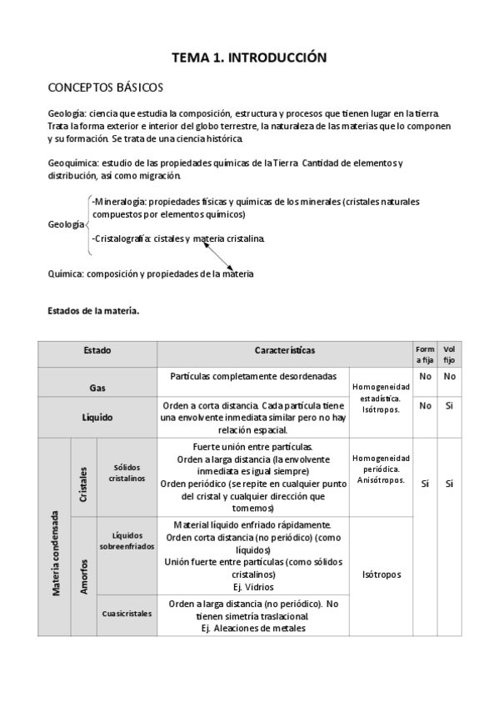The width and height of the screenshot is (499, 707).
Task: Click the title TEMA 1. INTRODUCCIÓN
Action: [x=249, y=58]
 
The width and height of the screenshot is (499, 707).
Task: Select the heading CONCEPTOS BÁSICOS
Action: [x=106, y=87]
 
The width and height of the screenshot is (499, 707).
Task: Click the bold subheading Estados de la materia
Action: [x=93, y=311]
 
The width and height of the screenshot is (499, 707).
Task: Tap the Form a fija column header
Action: [x=424, y=353]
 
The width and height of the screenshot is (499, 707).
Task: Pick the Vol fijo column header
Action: [x=448, y=353]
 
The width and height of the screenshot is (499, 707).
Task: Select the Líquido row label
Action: [x=97, y=416]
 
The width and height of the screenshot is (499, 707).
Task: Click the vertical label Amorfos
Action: [x=83, y=575]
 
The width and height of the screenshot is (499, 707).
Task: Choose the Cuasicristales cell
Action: [x=127, y=613]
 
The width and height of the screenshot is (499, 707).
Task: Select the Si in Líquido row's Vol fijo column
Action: [x=448, y=405]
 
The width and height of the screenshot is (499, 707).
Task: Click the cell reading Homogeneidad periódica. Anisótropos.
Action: [x=381, y=469]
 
